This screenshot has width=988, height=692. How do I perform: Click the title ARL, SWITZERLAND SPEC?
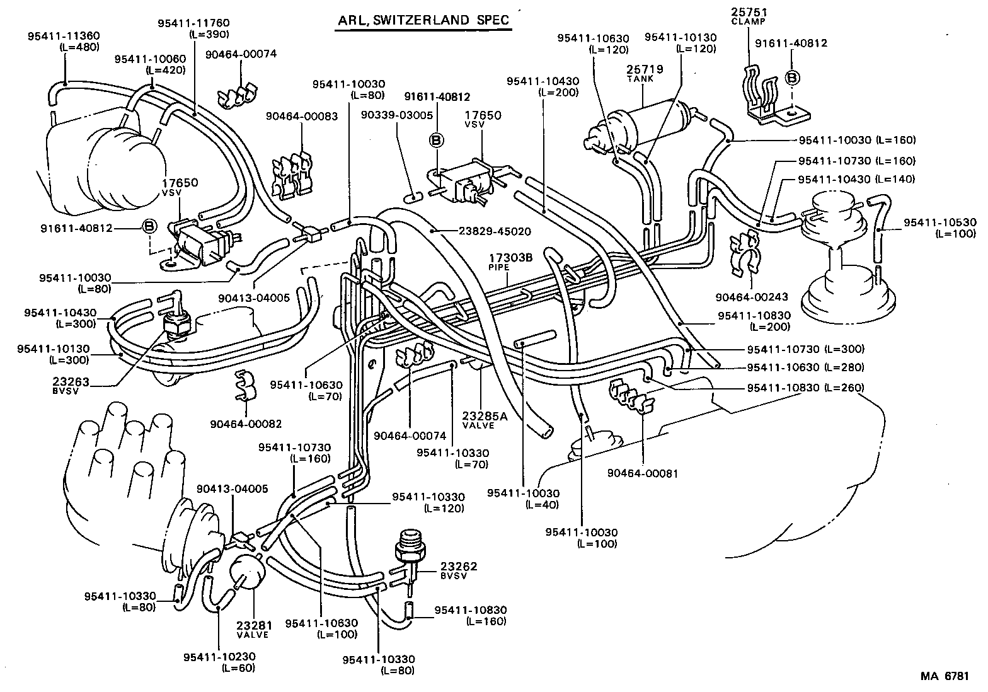[x=421, y=20]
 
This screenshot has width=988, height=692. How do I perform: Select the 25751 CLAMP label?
[x=748, y=15]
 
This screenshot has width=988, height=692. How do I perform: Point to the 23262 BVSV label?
[x=458, y=570]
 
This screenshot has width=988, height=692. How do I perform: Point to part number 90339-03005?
[x=396, y=115]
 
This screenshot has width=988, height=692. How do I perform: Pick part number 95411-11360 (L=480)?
[x=64, y=41]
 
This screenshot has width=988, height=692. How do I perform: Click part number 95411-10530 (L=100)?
[x=939, y=227]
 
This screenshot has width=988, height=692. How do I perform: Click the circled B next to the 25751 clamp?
[x=793, y=78]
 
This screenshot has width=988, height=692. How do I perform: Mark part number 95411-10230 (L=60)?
[x=219, y=662]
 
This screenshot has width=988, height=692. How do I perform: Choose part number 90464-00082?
[x=247, y=424]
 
